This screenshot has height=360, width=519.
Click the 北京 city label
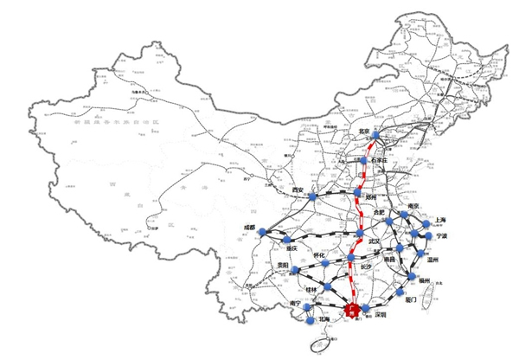click(364, 132)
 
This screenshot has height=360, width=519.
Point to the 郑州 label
click(374, 197)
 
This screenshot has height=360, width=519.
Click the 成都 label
click(250, 228)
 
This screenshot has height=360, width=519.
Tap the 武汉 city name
click(375, 241)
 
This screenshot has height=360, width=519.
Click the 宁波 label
click(442, 235)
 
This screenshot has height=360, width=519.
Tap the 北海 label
click(323, 318)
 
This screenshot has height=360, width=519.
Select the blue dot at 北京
click(375, 134)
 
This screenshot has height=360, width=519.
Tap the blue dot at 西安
click(312, 196)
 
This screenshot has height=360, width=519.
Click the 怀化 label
click(319, 256)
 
